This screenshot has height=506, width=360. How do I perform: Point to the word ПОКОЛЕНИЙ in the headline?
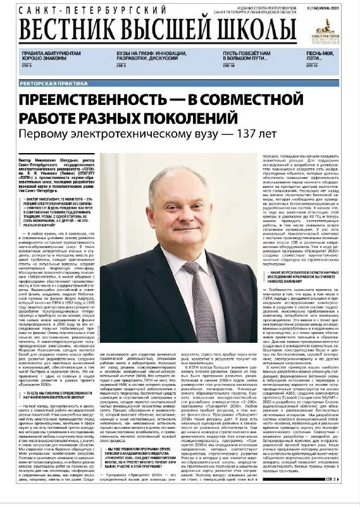tap(218, 118)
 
